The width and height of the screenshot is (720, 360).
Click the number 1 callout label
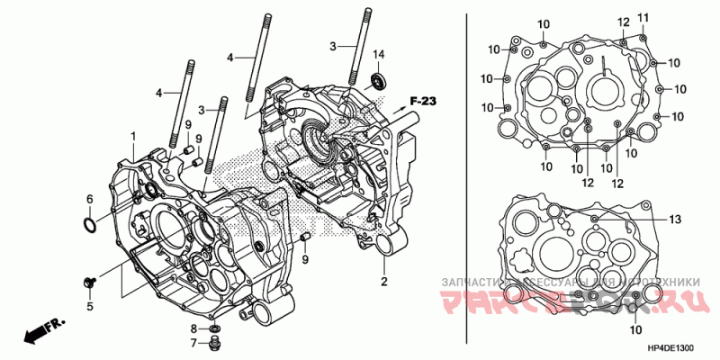[132, 136]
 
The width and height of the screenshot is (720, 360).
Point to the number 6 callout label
[89, 199]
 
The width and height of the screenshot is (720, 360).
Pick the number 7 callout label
[193, 343]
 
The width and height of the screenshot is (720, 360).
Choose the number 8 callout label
[193, 328]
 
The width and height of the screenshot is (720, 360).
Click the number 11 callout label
[643, 18]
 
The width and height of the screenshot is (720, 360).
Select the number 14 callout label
[378, 56]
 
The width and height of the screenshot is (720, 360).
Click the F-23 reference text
[422, 101]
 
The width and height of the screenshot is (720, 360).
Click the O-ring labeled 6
[90, 222]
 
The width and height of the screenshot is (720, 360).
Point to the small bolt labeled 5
[88, 283]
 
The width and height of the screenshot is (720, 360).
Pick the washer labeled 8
[213, 328]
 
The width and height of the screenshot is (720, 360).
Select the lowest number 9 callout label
[305, 260]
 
